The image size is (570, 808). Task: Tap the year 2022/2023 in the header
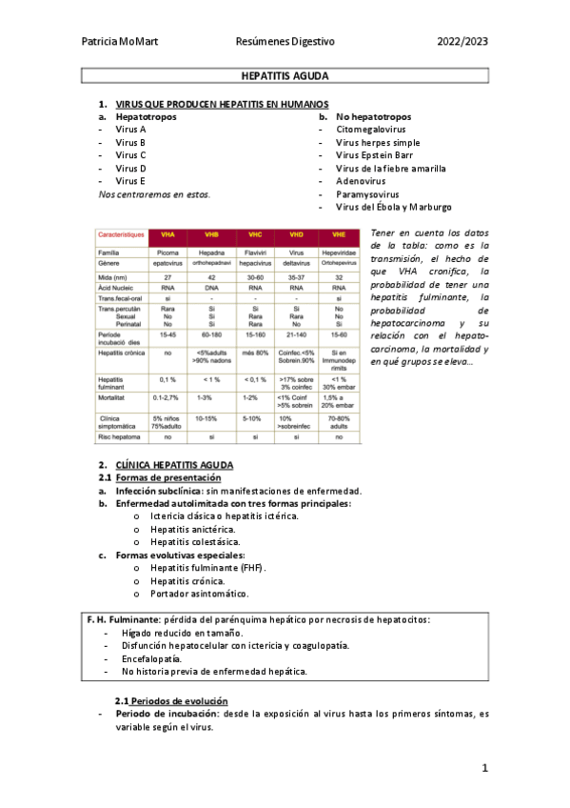point(462,42)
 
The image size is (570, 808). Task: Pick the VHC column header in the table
point(255,233)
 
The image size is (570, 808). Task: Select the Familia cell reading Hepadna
point(210,252)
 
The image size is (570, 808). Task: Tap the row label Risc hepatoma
point(121,437)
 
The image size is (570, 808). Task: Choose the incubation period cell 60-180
point(210,336)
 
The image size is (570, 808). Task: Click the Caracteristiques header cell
point(122,233)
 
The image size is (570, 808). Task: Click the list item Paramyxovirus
point(371,193)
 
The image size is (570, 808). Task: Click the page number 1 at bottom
point(484,768)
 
